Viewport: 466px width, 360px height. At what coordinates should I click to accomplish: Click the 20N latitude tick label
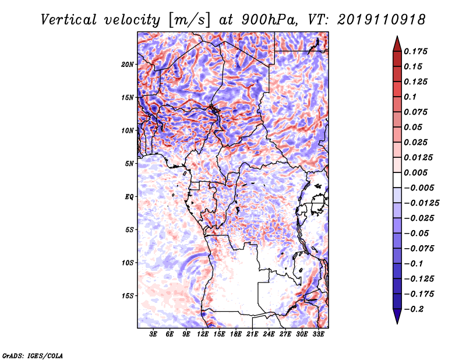click(x=128, y=65)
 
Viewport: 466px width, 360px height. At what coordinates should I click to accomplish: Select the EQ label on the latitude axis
click(x=129, y=197)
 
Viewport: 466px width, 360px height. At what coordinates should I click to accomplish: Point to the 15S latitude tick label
click(x=128, y=296)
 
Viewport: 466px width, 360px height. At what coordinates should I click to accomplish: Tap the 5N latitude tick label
click(x=129, y=164)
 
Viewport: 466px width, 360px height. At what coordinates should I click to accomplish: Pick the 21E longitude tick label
click(x=252, y=334)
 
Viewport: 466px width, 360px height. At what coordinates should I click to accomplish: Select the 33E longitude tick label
click(x=318, y=334)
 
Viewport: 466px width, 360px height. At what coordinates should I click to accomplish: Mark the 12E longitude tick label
click(x=202, y=334)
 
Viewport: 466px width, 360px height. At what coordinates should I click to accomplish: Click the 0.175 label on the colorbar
click(x=415, y=51)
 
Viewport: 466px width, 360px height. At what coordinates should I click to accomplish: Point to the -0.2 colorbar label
click(x=414, y=309)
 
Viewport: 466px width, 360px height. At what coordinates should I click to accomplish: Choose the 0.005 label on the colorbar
click(x=415, y=172)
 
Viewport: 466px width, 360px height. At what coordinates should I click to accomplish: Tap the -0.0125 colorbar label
click(x=421, y=203)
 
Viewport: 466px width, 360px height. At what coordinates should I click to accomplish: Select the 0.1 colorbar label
click(x=410, y=97)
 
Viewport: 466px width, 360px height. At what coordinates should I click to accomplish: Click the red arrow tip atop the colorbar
click(x=397, y=36)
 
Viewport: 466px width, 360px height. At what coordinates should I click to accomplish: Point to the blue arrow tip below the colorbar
click(x=397, y=323)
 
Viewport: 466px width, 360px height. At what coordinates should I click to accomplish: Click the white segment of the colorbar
click(x=397, y=180)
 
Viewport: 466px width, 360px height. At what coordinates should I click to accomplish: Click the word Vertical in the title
click(x=69, y=20)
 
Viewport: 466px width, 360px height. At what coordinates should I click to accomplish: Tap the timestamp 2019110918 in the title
click(x=382, y=20)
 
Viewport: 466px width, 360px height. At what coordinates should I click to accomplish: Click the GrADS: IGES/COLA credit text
click(x=33, y=355)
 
